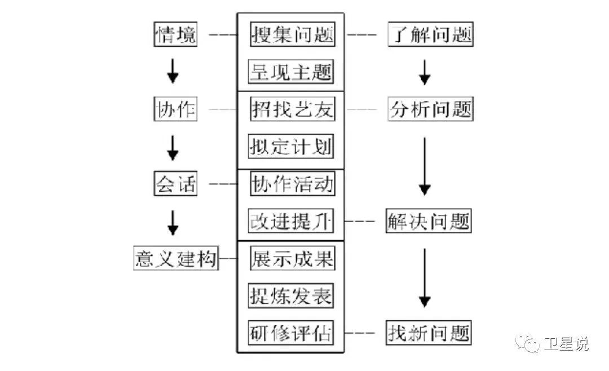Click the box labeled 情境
(x=176, y=35)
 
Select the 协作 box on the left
(x=175, y=110)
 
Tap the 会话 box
(x=175, y=184)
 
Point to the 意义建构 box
(x=175, y=259)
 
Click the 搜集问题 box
(x=292, y=35)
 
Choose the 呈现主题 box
(x=291, y=73)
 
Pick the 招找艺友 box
(x=292, y=110)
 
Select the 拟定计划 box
(x=291, y=147)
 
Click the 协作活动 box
(x=292, y=184)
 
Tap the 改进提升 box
(x=291, y=221)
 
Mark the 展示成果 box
(x=292, y=259)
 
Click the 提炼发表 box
(x=291, y=296)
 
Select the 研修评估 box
(x=291, y=333)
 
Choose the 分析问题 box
(x=430, y=110)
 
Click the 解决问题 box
(x=429, y=221)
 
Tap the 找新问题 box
(x=429, y=333)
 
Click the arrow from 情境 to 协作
(x=174, y=72)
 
